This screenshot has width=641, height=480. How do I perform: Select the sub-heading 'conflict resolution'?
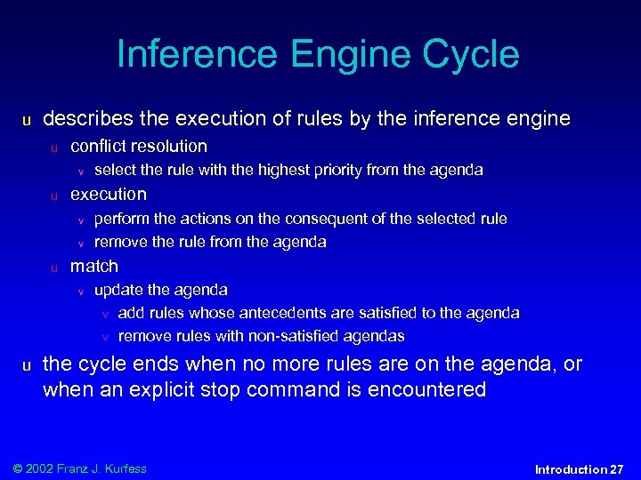point(138,147)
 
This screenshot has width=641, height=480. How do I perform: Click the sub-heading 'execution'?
point(108,194)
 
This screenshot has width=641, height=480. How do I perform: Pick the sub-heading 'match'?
point(93,266)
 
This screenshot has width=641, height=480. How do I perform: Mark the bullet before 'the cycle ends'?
point(27,365)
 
